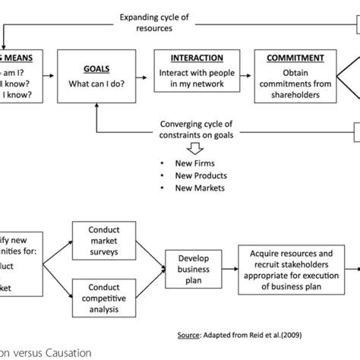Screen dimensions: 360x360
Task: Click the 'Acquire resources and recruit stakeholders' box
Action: pyautogui.click(x=292, y=268)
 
